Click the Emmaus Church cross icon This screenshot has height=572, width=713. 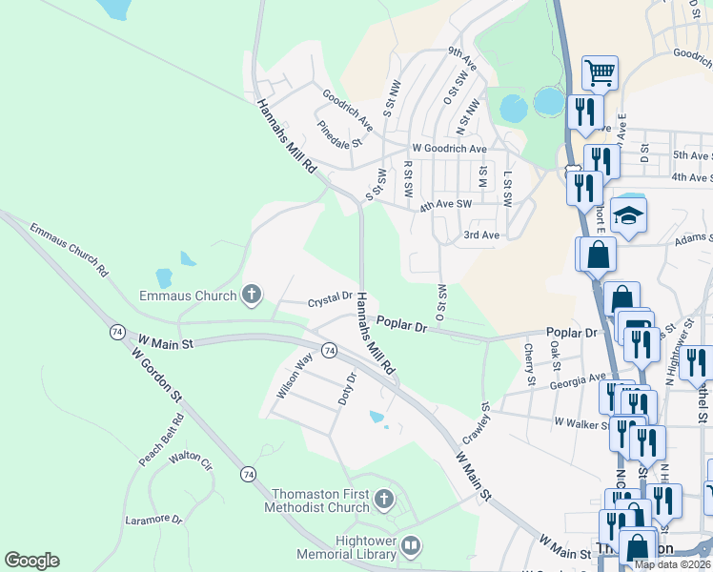[x=252, y=295]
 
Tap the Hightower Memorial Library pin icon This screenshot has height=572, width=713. [x=411, y=546]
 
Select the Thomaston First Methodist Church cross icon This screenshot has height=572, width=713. [x=383, y=500]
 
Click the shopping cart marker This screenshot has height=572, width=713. [x=600, y=72]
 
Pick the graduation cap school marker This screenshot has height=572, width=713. [x=629, y=215]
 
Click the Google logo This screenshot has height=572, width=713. [x=31, y=561]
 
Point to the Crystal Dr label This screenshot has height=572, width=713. [x=330, y=301]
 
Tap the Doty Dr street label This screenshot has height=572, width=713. [x=347, y=388]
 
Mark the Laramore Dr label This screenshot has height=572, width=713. [x=153, y=520]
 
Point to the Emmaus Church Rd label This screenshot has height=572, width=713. [x=69, y=250]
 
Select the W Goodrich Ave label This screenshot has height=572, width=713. [x=449, y=149]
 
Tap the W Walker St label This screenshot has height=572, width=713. [x=581, y=420]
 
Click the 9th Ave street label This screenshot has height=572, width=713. [x=461, y=59]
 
